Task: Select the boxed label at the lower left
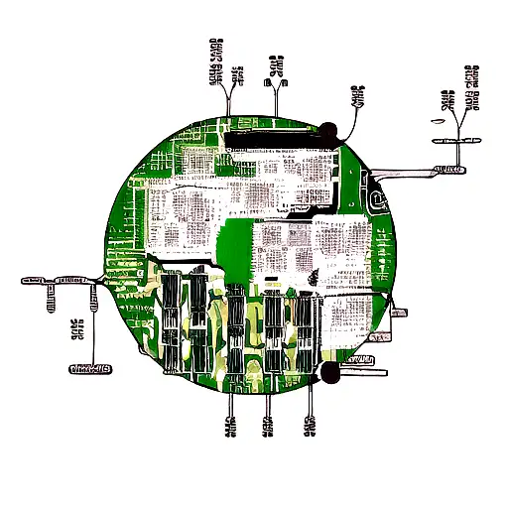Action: coord(90,369)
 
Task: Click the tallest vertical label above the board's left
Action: coord(215,62)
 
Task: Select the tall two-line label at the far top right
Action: coord(472,87)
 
